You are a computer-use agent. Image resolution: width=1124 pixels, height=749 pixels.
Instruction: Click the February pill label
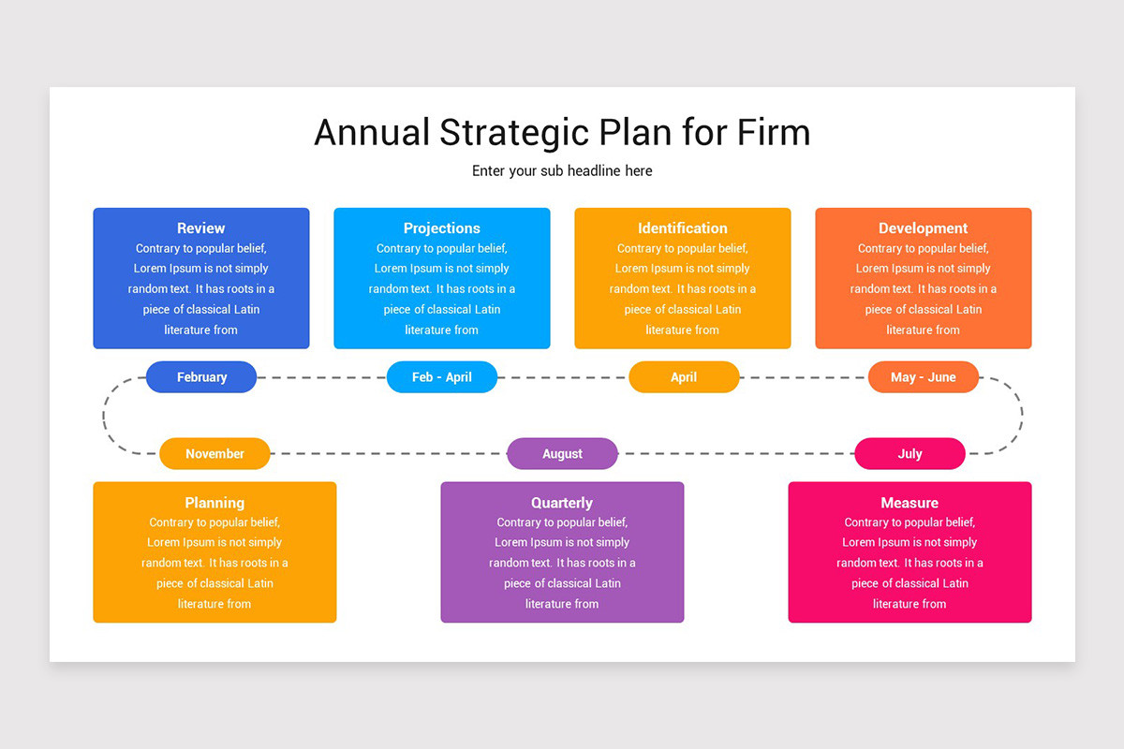[201, 376]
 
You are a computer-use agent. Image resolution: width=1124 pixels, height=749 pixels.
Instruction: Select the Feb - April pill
[441, 376]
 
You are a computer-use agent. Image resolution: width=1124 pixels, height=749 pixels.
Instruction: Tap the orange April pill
[684, 376]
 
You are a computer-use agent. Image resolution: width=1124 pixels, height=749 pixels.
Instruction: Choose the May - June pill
[924, 376]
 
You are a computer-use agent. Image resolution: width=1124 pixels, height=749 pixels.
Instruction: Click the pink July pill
[910, 453]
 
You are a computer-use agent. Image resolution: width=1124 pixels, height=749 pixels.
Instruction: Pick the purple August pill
[562, 453]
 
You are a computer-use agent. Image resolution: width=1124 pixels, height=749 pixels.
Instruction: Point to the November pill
[214, 453]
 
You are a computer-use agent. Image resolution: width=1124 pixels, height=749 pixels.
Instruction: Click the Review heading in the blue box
[200, 228]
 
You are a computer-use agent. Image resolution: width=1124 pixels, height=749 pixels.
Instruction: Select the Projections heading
[441, 228]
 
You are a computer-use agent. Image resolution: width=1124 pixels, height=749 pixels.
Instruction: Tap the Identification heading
[683, 228]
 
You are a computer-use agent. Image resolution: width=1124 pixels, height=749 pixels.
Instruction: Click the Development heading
[923, 228]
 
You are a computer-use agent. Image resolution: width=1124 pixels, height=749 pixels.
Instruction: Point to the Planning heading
[214, 503]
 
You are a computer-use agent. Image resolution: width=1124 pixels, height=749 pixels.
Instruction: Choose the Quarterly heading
[562, 503]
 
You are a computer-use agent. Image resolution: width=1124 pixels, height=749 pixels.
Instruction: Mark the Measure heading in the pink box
[910, 503]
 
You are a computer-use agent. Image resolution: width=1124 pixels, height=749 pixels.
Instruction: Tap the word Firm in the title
[774, 133]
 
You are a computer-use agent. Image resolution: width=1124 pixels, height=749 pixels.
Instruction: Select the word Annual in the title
[372, 133]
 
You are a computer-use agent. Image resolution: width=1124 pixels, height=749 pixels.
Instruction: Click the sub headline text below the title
[562, 171]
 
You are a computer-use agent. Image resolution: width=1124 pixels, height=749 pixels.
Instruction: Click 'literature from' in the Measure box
[910, 604]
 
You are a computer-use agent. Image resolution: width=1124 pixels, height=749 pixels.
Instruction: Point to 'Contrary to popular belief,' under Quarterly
[562, 522]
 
